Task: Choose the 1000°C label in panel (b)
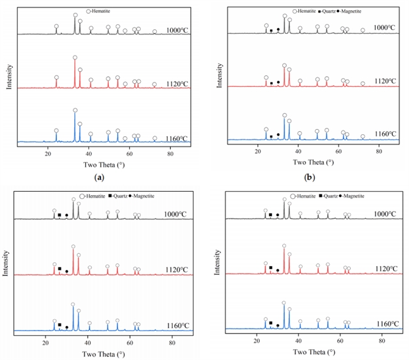pyautogui.click(x=386, y=28)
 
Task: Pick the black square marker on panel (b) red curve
pyautogui.click(x=271, y=82)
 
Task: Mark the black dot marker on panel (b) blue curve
pyautogui.click(x=278, y=135)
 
